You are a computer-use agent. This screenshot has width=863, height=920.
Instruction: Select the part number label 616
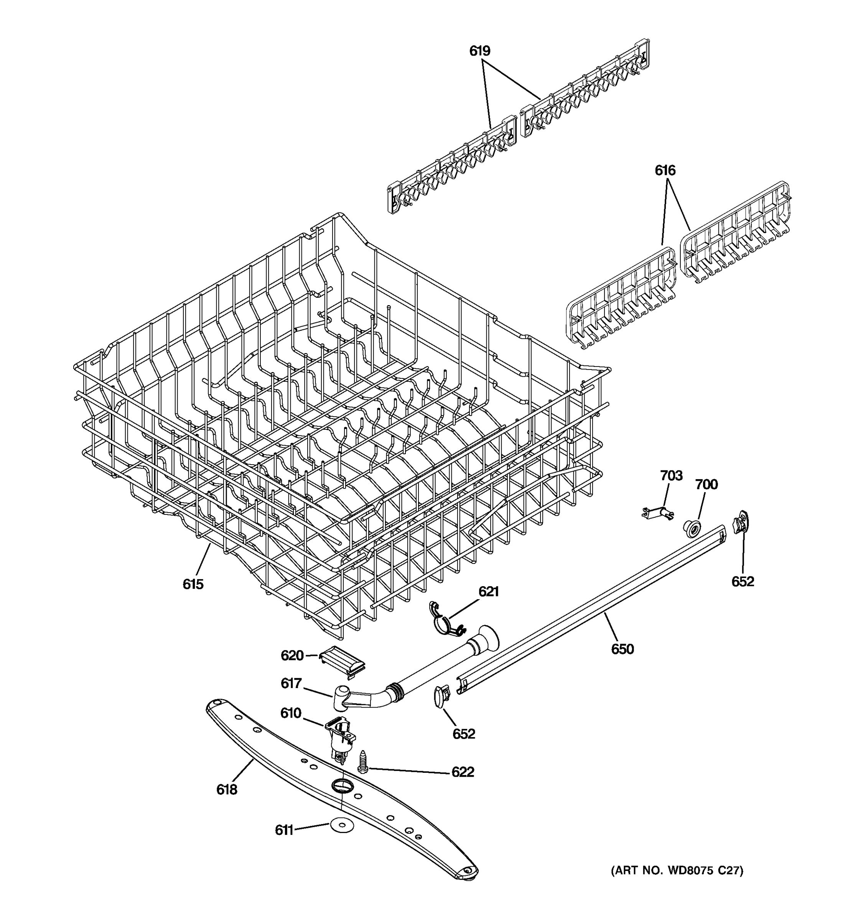(665, 171)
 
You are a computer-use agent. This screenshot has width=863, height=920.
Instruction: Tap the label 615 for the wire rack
(193, 585)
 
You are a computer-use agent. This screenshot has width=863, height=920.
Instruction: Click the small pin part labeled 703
(658, 513)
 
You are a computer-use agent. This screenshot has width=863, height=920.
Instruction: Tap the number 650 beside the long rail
(622, 649)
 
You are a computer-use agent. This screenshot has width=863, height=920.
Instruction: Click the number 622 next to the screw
(463, 772)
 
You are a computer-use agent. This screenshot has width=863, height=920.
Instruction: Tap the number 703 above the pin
(671, 475)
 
